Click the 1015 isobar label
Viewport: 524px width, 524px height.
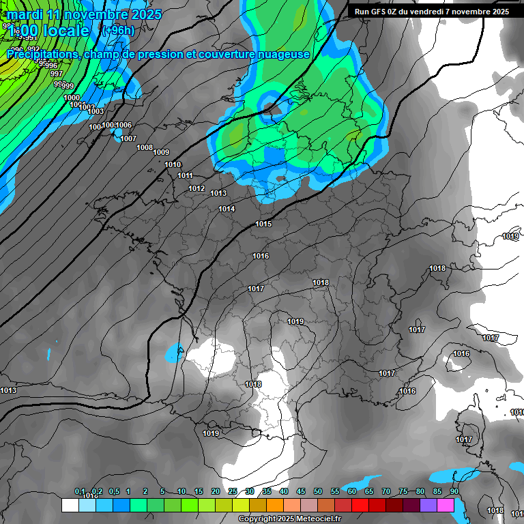[264, 224]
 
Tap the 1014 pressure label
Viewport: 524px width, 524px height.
[227, 209]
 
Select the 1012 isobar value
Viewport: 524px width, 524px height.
[196, 188]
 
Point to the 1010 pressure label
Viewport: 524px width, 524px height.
[173, 164]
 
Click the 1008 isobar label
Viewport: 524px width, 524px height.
[145, 147]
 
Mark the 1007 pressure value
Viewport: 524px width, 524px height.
[128, 139]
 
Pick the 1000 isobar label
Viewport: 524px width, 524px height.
[72, 98]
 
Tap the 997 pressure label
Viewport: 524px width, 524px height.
[57, 74]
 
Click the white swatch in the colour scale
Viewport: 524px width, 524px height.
[70, 505]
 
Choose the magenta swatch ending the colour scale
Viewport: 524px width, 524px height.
[446, 505]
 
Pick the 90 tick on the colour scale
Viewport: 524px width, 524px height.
[454, 492]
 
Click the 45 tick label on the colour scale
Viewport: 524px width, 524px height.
[301, 492]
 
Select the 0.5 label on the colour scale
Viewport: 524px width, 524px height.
[113, 492]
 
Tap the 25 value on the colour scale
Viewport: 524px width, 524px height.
[233, 492]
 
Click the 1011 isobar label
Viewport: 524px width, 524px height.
[185, 175]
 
